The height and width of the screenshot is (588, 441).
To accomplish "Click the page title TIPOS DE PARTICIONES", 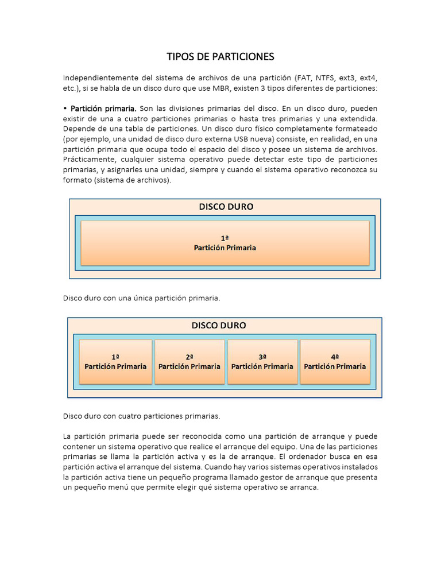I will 220,56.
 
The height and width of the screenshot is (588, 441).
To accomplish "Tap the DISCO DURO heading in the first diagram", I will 226,207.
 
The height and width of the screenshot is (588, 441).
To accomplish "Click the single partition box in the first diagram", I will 225,243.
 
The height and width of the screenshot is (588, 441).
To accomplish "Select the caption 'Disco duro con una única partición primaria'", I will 141,298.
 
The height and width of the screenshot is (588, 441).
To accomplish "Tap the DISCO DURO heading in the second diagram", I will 219,326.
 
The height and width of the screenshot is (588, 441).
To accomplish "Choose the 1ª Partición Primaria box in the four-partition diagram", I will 115,362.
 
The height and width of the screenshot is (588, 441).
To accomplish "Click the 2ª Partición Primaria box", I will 189,362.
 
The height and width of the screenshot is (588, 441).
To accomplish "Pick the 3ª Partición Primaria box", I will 262,362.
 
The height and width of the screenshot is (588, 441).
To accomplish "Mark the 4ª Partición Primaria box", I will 335,362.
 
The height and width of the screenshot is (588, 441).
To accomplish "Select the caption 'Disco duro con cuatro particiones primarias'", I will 141,416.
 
